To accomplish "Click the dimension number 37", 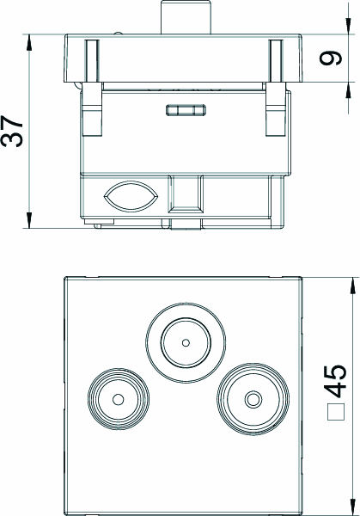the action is point(13,131).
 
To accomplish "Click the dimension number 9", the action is point(331,58).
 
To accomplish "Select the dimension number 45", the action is point(335,381).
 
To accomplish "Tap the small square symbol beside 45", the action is point(336,412).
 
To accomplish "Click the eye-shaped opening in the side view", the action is point(131,197).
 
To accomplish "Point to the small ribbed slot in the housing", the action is point(186,110).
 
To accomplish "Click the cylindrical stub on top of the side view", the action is point(186,17).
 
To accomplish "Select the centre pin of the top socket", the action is point(186,343).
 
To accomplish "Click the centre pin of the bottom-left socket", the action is point(119,400).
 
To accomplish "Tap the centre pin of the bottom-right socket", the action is point(253,400).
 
